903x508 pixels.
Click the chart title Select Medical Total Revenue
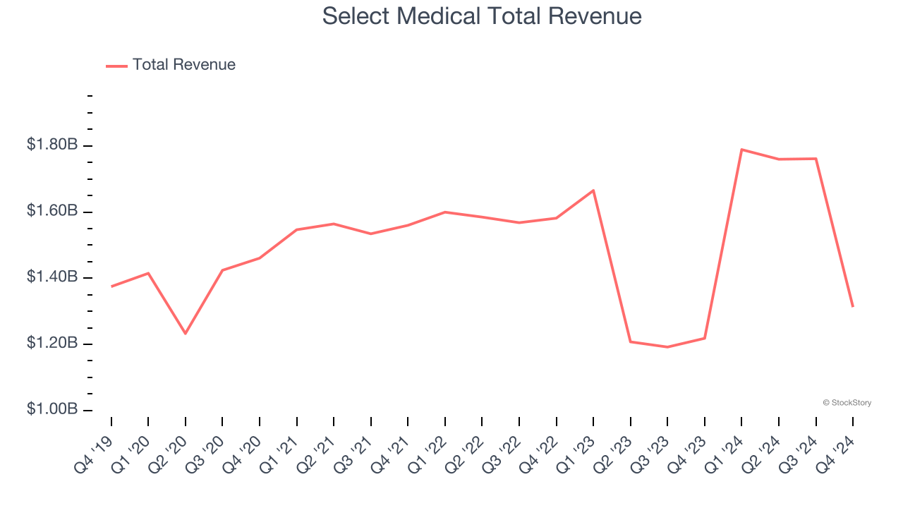coord(482,16)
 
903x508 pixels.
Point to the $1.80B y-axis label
coord(52,145)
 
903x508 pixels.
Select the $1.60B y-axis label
coord(52,211)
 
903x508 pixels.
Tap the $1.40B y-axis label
coord(52,277)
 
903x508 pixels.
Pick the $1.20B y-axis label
coord(52,344)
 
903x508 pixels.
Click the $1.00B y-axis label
coord(52,410)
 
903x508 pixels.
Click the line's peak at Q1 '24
coord(741,150)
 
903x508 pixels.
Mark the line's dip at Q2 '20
coord(186,333)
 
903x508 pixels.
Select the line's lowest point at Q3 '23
coord(667,347)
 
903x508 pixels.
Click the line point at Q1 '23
coord(593,190)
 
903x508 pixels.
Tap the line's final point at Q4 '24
coord(853,306)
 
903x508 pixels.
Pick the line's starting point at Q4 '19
coord(111,286)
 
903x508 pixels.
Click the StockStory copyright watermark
coord(847,403)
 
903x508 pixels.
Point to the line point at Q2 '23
coord(631,341)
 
